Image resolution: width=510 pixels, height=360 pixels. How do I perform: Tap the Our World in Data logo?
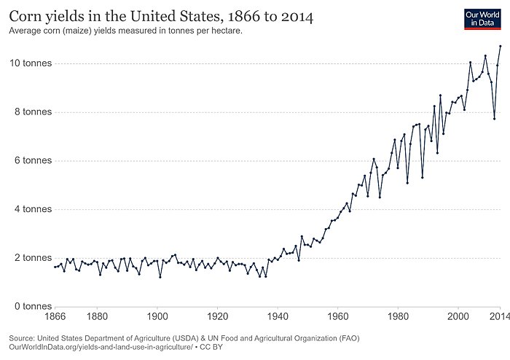(482, 20)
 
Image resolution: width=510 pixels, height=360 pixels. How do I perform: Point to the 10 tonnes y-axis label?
(30, 63)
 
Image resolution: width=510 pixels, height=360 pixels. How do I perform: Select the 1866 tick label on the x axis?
(54, 317)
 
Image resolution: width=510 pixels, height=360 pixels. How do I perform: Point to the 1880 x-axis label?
(97, 317)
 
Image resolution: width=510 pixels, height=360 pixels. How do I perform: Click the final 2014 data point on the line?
(501, 47)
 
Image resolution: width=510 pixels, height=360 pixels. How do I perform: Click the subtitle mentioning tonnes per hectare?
(125, 31)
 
